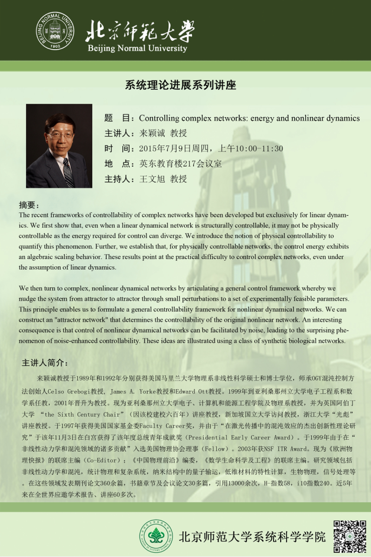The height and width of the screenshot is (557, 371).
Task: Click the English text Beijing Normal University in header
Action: [137, 48]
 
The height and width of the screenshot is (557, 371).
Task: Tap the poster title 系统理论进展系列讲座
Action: [180, 85]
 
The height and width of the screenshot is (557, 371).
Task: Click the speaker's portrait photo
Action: [59, 146]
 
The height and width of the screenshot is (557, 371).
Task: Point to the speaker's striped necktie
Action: [67, 171]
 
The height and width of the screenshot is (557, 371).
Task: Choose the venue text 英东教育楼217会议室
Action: [180, 164]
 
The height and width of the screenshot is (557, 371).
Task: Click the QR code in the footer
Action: [350, 536]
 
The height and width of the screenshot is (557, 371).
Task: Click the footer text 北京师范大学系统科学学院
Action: [252, 537]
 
